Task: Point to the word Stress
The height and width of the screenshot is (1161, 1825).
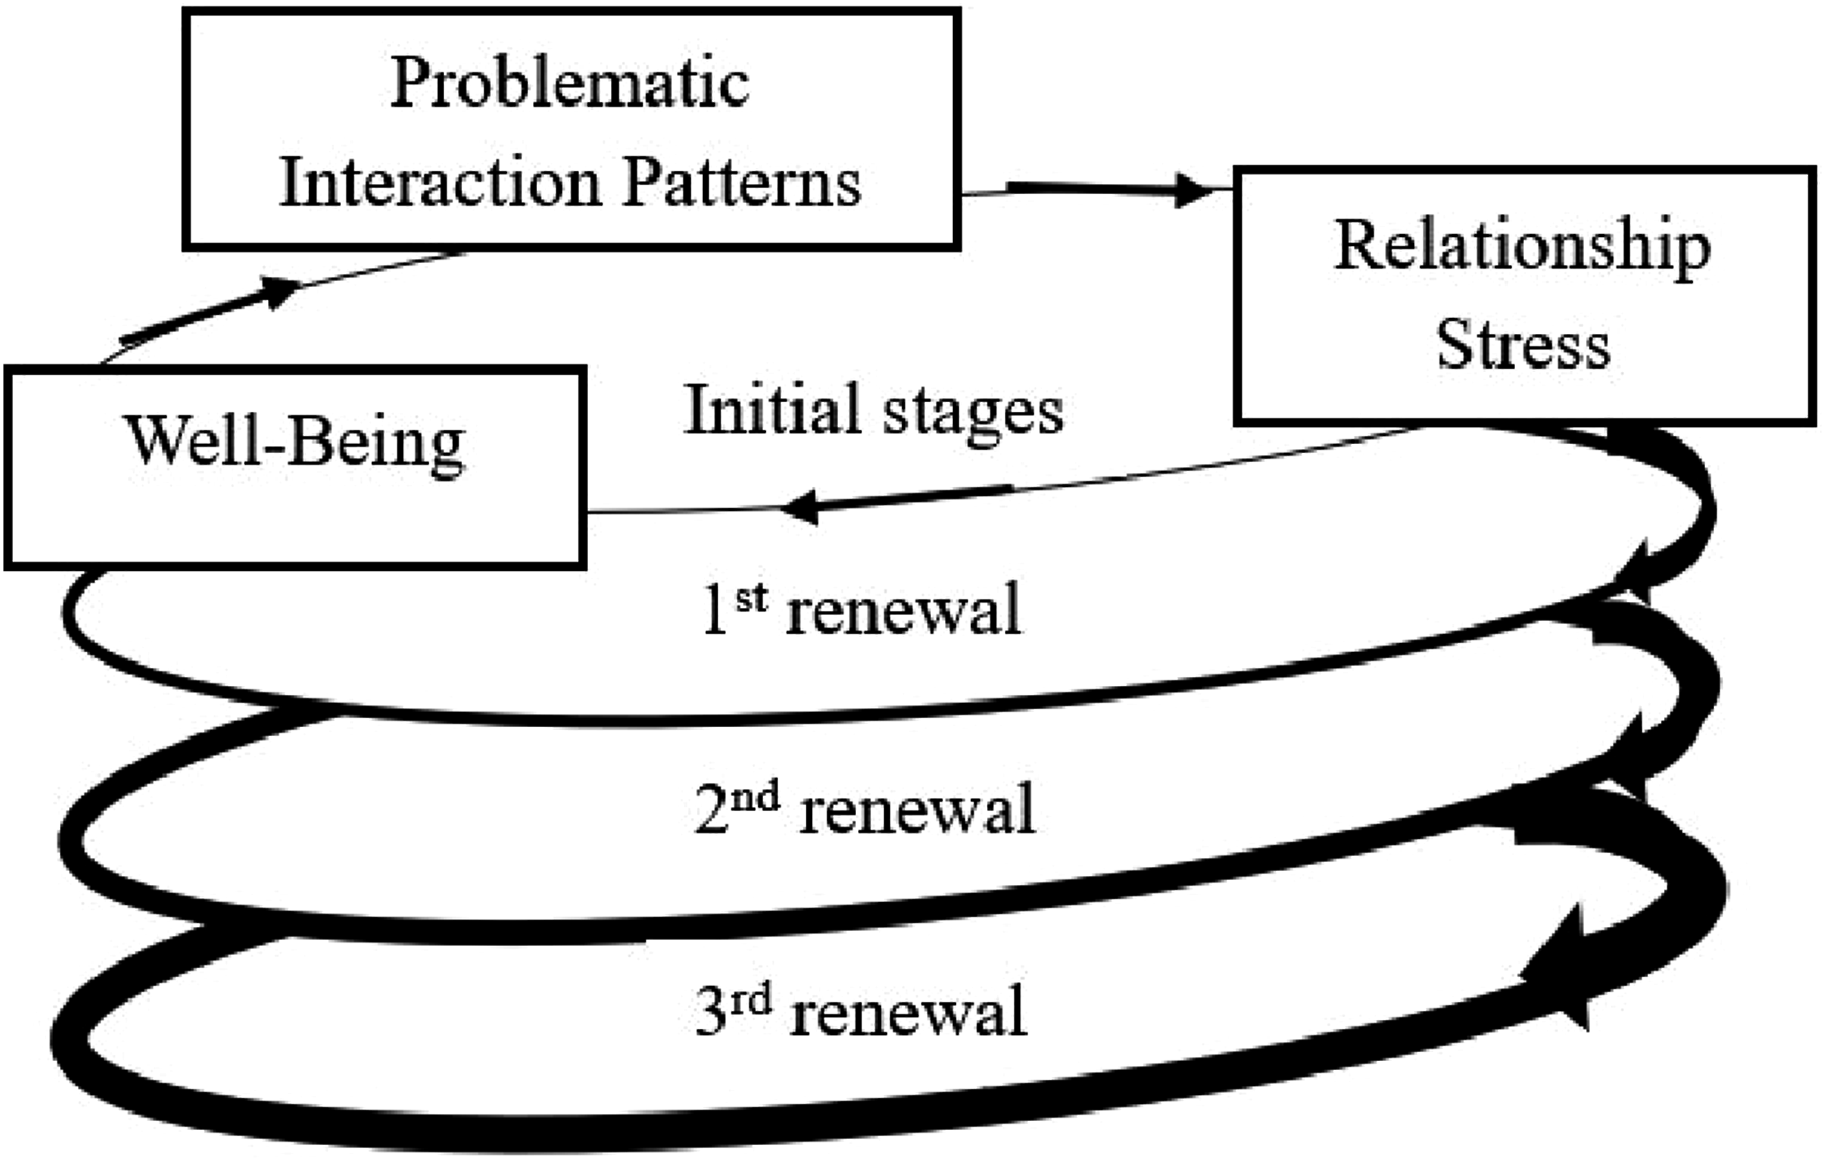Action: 1523,345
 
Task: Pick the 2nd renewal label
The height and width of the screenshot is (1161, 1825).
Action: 865,809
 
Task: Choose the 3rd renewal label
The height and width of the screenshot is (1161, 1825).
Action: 861,1010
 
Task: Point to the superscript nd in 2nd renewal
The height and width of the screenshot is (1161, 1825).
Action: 755,797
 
